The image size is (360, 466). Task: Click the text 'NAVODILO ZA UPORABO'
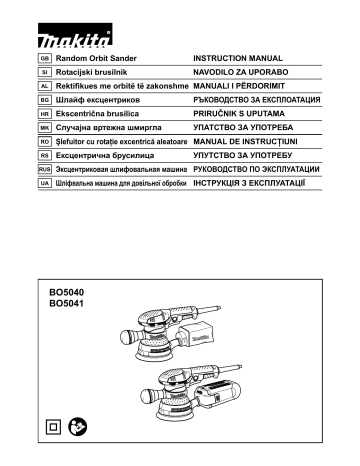241,75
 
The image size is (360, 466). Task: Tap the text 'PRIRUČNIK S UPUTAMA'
240,116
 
